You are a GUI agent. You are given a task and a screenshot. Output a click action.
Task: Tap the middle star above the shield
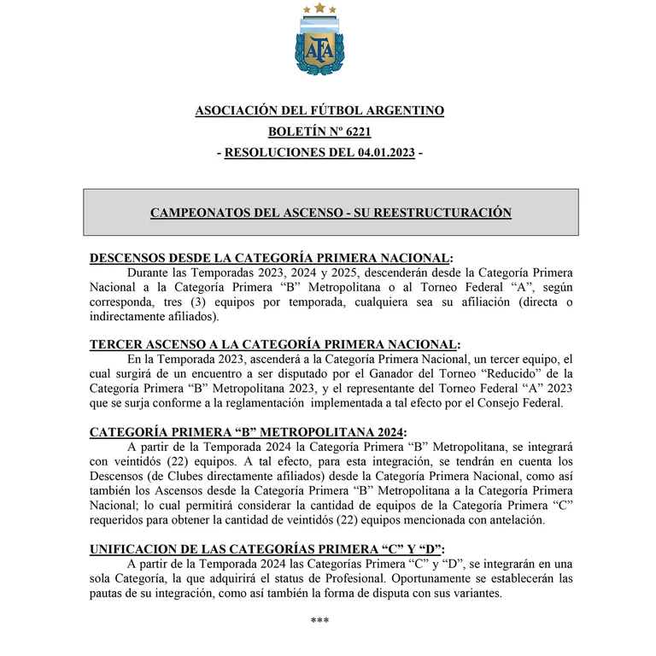click(319, 9)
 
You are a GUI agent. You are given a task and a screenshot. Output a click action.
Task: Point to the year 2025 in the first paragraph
click(344, 273)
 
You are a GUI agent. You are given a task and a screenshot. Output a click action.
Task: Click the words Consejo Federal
click(523, 403)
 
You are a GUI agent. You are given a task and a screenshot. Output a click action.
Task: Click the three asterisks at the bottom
click(319, 620)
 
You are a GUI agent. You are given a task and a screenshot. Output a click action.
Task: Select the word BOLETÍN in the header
click(296, 132)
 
